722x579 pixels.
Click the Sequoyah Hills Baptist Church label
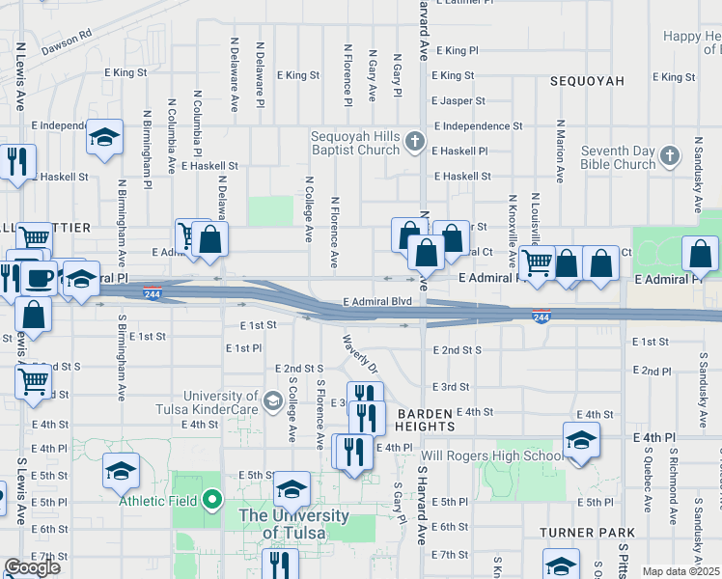click(354, 143)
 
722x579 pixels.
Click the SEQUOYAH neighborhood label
click(587, 82)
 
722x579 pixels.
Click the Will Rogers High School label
click(492, 456)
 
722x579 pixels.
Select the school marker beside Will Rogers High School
click(581, 441)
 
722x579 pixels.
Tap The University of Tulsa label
click(293, 523)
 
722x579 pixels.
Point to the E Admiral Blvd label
click(376, 302)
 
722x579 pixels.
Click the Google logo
click(32, 567)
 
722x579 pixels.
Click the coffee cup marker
click(40, 279)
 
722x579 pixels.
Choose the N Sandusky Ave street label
click(697, 175)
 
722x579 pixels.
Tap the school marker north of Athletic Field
click(122, 472)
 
